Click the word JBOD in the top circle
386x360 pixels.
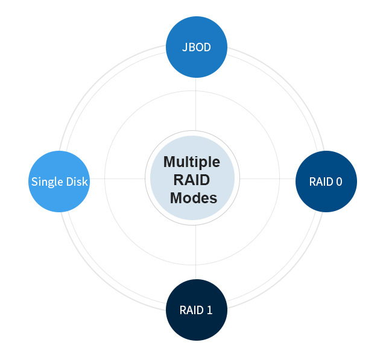click(x=196, y=47)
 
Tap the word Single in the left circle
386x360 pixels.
click(x=46, y=182)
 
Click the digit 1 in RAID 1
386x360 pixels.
click(x=209, y=311)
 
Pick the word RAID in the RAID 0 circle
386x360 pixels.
click(x=320, y=182)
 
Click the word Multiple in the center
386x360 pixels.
click(x=192, y=162)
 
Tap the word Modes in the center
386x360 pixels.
click(x=193, y=198)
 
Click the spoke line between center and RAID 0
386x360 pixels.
click(x=268, y=178)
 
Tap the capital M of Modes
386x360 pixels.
click(x=176, y=198)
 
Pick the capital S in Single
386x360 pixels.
click(x=34, y=182)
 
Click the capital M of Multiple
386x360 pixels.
click(x=169, y=162)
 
